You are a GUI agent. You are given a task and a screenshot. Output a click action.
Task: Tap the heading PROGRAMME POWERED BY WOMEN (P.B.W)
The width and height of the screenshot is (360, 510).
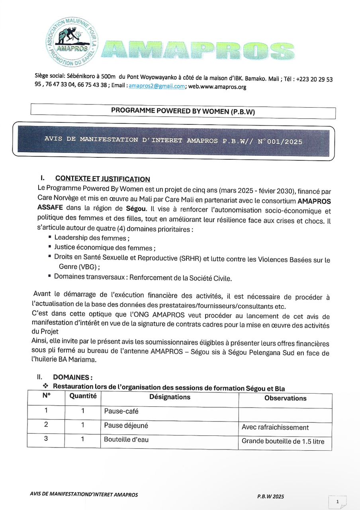[183, 112]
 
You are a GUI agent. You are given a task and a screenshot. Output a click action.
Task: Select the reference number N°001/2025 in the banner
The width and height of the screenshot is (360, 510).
[280, 141]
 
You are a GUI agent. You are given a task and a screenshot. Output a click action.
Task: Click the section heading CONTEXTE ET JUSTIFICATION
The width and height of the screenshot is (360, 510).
[103, 179]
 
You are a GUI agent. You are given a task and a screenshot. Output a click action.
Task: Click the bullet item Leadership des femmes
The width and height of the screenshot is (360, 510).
[92, 238]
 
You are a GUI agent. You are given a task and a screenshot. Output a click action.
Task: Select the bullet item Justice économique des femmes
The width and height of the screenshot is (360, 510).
[105, 247]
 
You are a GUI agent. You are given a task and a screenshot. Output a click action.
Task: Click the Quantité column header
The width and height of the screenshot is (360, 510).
[83, 396]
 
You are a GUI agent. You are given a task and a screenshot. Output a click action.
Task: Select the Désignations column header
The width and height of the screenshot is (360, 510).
[170, 397]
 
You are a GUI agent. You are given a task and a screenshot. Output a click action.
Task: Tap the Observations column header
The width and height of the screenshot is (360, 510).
[285, 398]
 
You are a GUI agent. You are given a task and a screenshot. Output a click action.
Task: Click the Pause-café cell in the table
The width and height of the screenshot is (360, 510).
[121, 411]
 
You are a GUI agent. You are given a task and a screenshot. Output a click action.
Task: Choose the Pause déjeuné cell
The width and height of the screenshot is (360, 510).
[126, 426]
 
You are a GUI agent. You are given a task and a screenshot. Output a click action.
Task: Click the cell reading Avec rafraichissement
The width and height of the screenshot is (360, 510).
[275, 427]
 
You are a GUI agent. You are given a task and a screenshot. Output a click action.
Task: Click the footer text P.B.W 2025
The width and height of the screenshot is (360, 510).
[270, 496]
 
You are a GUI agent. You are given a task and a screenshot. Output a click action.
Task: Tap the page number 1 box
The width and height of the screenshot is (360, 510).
[337, 502]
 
